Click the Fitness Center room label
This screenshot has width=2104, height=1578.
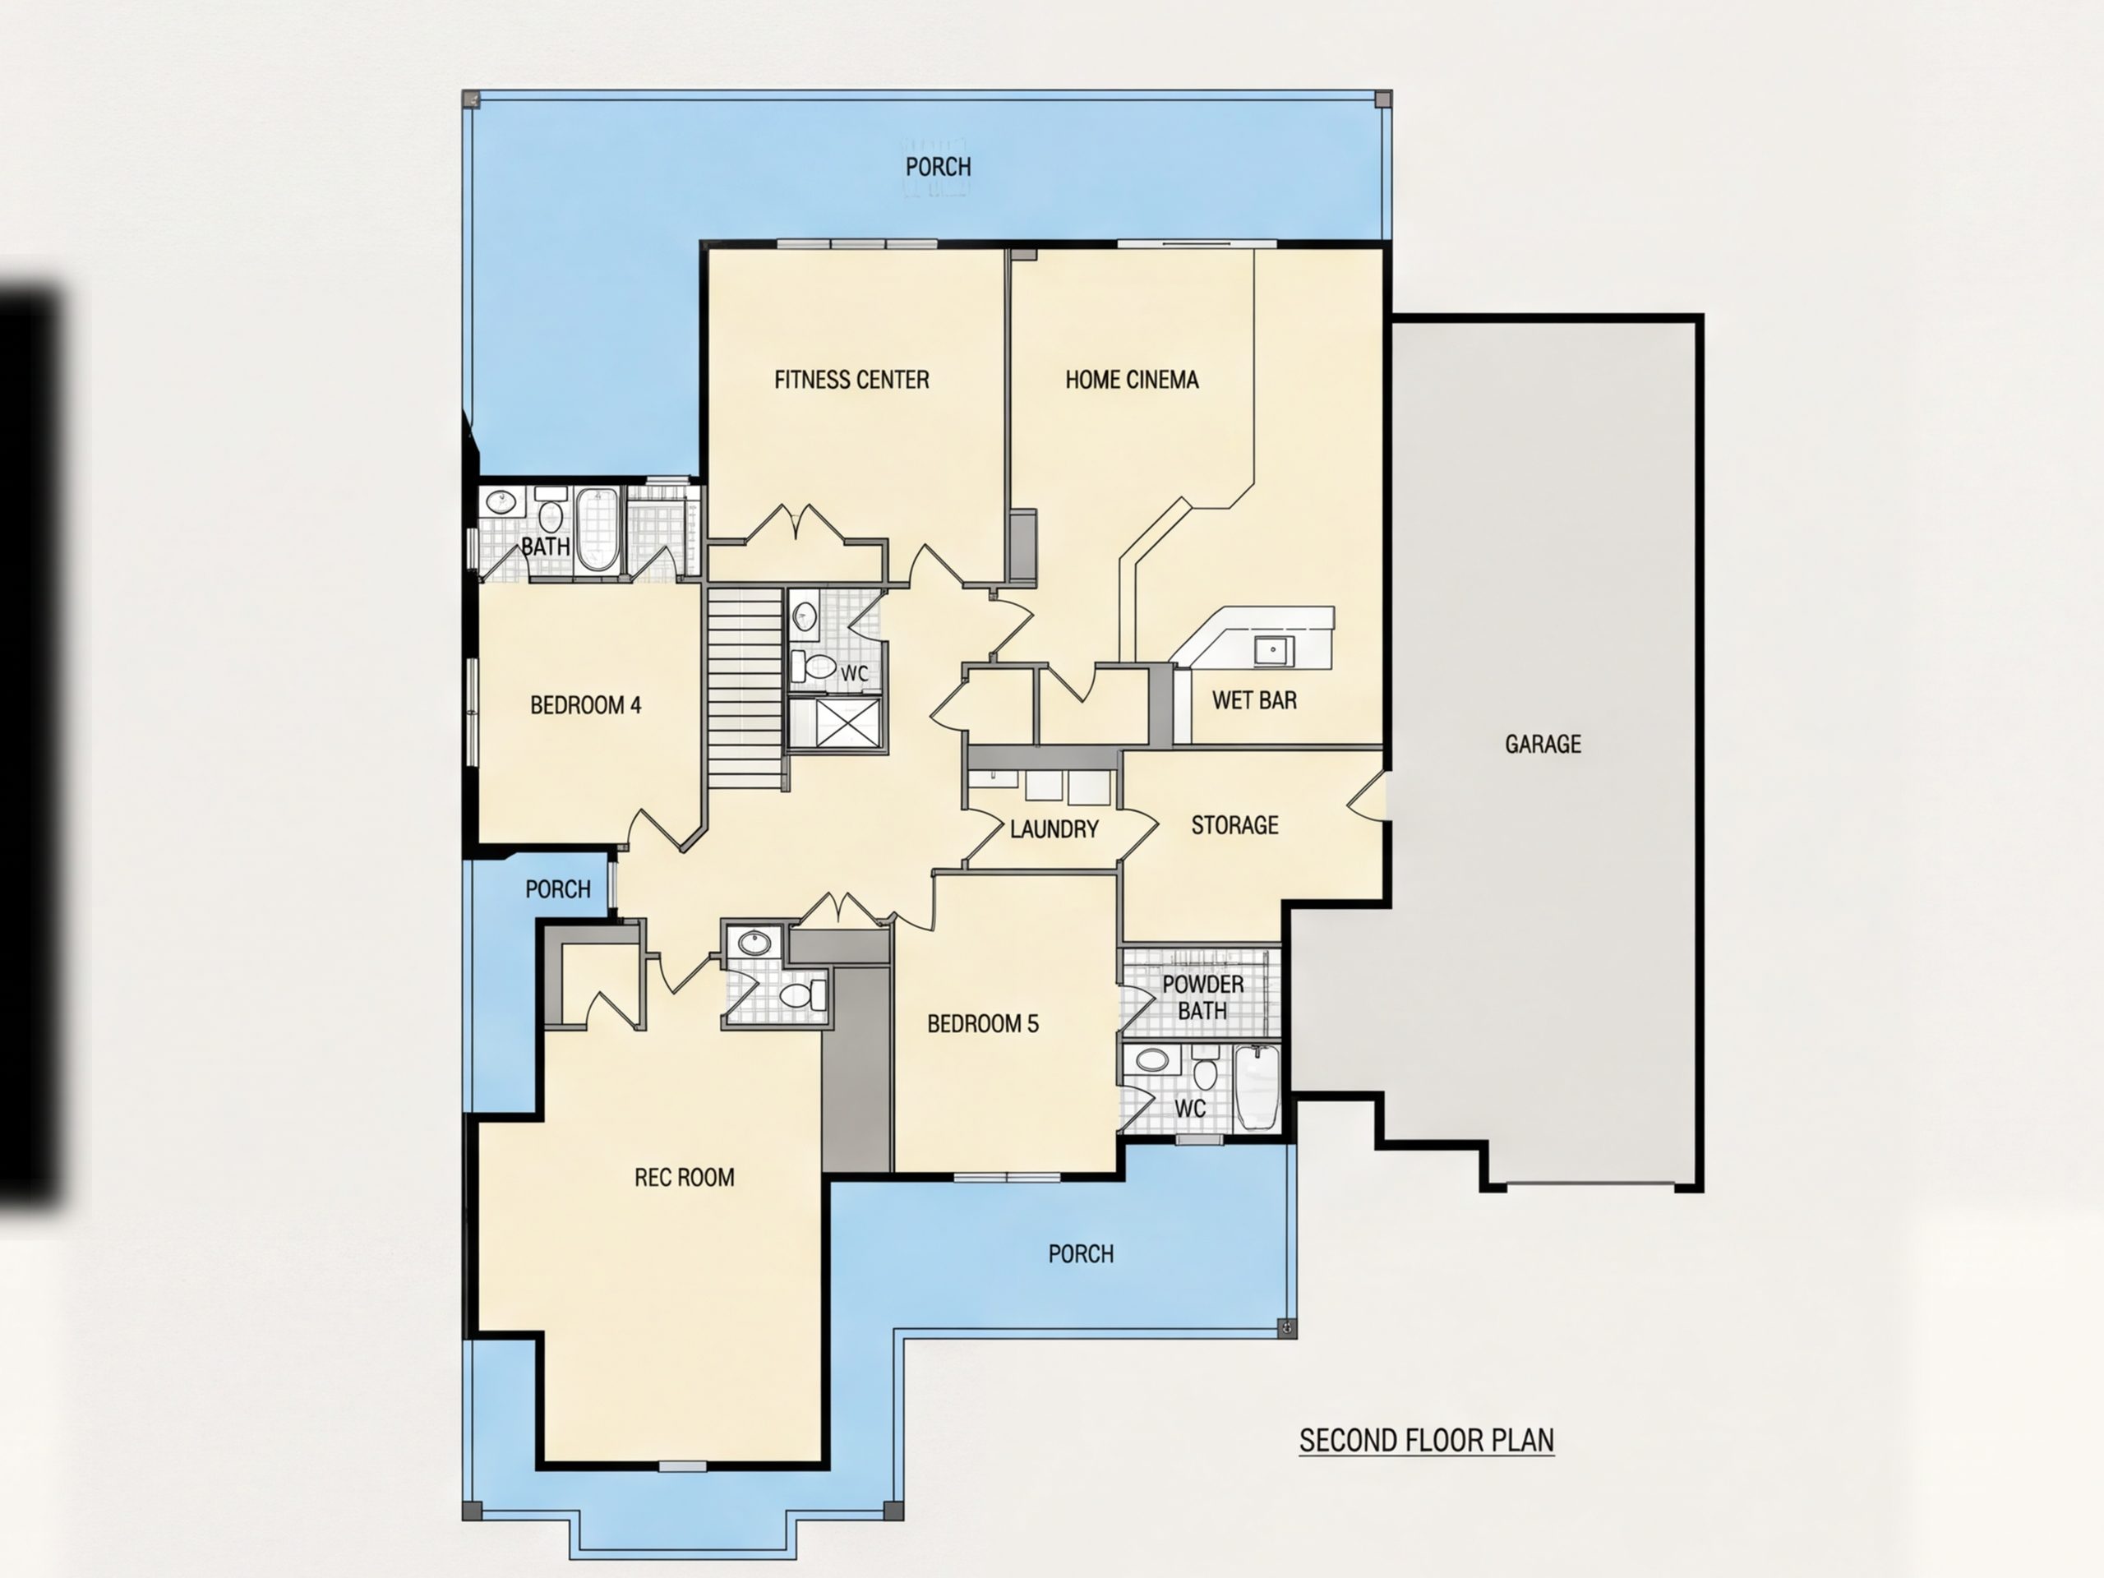[x=851, y=380]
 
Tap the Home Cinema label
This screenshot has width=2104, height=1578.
[x=1132, y=380]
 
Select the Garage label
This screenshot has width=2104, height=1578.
[x=1543, y=744]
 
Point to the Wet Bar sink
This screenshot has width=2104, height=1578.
[x=1272, y=652]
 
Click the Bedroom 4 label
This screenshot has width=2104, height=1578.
[x=585, y=705]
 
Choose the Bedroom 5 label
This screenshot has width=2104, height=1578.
[x=983, y=1023]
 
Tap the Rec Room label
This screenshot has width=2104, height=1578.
[x=684, y=1178]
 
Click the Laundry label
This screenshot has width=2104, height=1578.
[x=1054, y=829]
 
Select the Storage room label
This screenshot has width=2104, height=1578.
[x=1234, y=824]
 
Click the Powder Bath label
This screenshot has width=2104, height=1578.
[x=1202, y=997]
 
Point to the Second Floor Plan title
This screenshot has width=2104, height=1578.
[x=1427, y=1440]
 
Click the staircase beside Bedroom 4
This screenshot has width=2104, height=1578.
[x=745, y=688]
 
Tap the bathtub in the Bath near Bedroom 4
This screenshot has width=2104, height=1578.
[x=597, y=528]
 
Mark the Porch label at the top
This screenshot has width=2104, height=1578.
[x=938, y=167]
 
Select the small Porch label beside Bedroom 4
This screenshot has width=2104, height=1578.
[x=557, y=888]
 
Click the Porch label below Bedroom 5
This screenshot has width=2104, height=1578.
[x=1081, y=1253]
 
